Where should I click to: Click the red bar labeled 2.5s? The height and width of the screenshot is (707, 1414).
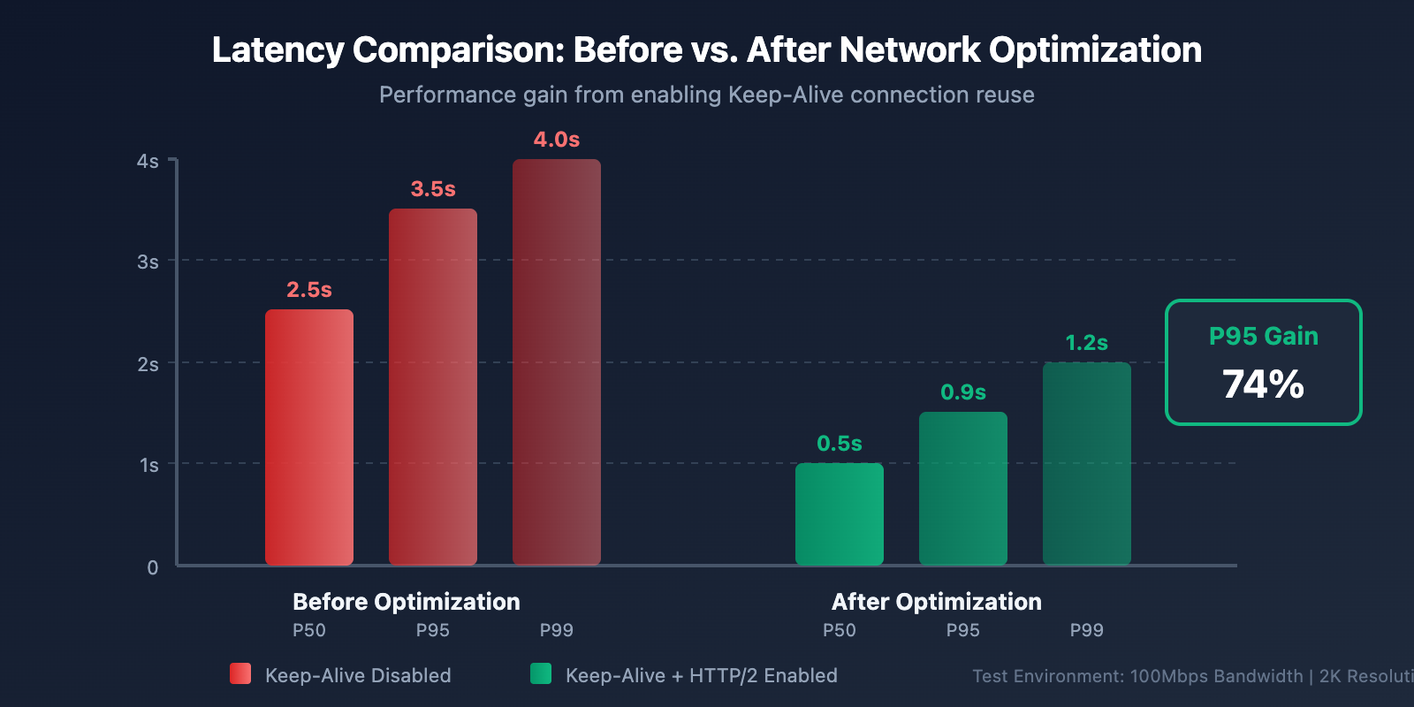tap(309, 437)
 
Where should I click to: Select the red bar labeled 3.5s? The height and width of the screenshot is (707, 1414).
tap(433, 387)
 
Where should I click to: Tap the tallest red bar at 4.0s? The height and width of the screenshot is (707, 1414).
tap(557, 362)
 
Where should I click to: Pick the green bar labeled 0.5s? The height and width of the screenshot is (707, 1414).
tap(840, 514)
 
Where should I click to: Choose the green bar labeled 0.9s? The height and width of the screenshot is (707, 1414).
tap(963, 489)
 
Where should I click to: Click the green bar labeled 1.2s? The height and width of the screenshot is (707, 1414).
tap(1087, 463)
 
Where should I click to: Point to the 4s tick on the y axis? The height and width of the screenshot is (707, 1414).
tap(148, 162)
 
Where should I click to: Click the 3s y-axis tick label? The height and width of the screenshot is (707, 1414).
tap(148, 262)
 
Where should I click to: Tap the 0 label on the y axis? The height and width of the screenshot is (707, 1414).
tap(153, 567)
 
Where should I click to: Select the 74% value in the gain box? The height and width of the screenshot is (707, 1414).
tap(1263, 384)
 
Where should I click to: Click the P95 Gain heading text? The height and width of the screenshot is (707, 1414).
tap(1263, 336)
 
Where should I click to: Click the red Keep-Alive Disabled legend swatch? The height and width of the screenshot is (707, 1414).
tap(240, 673)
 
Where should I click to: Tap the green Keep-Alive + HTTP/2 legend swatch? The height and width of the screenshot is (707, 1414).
tap(541, 673)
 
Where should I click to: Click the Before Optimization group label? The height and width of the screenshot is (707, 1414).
tap(407, 602)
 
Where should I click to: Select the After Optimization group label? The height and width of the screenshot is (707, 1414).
tap(937, 602)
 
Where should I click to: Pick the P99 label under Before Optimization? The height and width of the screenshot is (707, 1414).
tap(557, 630)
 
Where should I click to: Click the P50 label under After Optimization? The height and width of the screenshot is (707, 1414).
tap(840, 630)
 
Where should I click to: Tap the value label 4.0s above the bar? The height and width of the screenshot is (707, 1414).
tap(557, 140)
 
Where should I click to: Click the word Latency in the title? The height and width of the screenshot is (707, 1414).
tap(277, 50)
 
